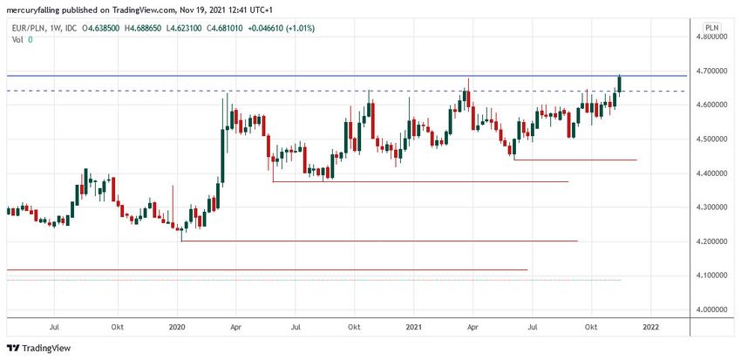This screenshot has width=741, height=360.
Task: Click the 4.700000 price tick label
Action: pos(710,71)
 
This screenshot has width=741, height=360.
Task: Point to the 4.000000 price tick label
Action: pos(710,309)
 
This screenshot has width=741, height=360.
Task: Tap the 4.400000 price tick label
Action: pos(710,173)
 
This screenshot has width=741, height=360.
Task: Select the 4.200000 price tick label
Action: pos(710,241)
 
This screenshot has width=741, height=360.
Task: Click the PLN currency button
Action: pos(711,27)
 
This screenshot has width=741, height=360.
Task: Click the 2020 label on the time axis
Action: pos(178,327)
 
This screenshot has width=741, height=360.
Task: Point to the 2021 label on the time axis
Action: pos(414,327)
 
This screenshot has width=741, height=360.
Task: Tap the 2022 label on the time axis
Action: pos(649,327)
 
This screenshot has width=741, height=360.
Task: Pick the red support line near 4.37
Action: pos(418,181)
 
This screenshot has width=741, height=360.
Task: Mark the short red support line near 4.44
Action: pos(575,160)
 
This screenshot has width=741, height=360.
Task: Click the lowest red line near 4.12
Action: pos(262,270)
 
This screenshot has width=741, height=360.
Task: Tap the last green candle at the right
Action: pos(620,84)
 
